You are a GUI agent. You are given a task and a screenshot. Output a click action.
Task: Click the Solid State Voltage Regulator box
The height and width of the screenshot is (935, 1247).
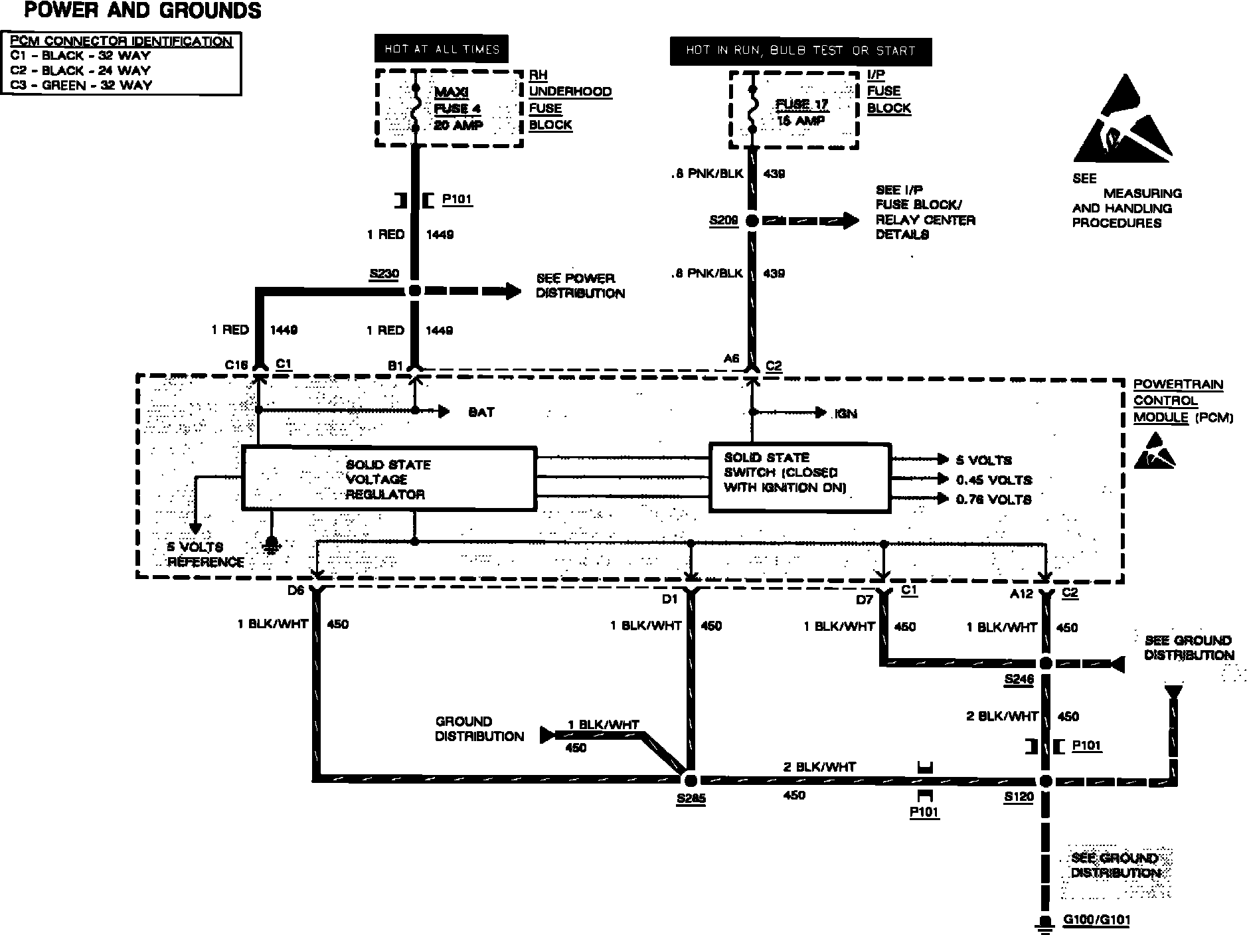388,479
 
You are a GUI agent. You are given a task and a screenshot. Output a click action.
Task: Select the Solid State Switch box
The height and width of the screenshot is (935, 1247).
799,478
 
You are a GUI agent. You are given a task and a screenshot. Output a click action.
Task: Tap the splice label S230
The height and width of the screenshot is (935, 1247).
385,273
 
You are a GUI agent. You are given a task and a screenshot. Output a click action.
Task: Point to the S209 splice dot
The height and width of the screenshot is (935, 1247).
752,221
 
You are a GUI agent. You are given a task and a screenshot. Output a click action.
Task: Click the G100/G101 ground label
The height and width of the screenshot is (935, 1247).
1096,920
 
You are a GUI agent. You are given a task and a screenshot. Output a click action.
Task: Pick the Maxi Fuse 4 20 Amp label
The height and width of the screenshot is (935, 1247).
458,108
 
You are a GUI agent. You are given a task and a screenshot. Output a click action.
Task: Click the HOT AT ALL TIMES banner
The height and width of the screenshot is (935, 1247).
442,49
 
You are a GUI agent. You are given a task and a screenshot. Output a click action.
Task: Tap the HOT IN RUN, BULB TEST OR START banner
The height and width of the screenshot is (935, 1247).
800,51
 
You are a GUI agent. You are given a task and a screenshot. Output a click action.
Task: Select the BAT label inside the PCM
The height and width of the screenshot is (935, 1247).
481,412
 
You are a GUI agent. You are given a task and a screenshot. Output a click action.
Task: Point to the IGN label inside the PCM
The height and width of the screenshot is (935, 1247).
845,414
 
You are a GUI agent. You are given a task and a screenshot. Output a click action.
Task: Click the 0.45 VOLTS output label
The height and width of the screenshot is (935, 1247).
993,479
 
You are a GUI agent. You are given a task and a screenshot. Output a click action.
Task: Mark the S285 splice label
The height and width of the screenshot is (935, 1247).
691,799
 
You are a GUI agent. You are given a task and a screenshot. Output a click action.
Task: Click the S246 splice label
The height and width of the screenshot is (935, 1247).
1019,679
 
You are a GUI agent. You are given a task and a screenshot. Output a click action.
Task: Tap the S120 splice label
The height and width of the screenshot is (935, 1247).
1019,797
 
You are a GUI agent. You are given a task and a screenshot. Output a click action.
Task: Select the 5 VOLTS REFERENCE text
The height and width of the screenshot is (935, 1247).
205,554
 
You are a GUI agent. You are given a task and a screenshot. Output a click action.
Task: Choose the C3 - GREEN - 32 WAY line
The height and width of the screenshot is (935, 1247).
81,85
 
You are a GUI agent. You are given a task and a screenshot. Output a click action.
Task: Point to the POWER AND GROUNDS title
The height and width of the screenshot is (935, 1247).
143,11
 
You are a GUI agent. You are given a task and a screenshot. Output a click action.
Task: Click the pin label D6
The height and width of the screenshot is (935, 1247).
296,590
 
